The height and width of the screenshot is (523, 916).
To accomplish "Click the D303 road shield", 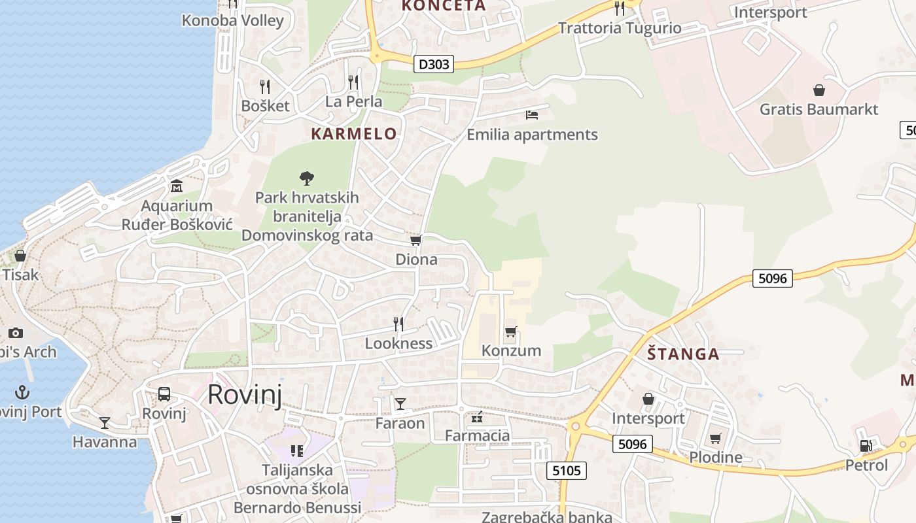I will [434, 64].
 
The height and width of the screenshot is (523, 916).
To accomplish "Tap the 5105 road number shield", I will [566, 470].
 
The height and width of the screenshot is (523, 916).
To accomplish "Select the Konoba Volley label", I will [233, 20].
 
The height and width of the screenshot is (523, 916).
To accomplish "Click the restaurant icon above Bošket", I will [265, 86].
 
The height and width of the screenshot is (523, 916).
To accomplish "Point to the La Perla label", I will [353, 101].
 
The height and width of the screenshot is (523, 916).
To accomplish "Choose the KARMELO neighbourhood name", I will [354, 134].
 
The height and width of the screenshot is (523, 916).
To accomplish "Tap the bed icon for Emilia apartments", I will [532, 115].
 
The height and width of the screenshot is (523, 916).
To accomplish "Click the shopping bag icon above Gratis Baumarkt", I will [819, 90].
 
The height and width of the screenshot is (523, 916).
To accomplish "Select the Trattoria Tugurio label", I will [620, 28].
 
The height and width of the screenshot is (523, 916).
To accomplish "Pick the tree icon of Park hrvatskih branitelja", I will [306, 178].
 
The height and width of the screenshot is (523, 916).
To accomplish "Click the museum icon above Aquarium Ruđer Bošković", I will [176, 187].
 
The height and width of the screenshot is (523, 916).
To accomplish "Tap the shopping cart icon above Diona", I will [415, 241].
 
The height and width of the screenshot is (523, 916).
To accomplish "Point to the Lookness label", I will [398, 343].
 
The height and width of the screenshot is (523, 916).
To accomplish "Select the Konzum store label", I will [511, 350].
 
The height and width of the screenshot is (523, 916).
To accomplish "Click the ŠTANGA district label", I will [683, 354].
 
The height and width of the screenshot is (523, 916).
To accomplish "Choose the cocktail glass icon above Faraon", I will [400, 404].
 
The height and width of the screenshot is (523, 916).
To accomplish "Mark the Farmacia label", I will [477, 435].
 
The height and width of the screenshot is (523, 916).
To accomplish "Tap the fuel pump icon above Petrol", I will [866, 446].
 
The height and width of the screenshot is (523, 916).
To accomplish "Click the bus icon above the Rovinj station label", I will [164, 394].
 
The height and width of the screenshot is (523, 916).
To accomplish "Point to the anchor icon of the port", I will [23, 392].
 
